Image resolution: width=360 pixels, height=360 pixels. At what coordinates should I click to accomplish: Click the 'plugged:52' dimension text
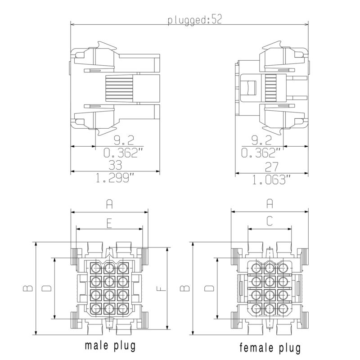coord(195,20)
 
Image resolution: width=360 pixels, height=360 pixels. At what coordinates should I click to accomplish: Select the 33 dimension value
coord(115,166)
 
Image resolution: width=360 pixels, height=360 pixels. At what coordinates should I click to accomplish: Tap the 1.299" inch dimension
coord(115,179)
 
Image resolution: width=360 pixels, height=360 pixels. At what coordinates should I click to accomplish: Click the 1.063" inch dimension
coord(271,180)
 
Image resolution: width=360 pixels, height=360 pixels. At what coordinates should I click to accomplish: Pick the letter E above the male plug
coord(109,222)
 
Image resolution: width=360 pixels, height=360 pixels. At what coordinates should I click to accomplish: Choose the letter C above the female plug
coord(270,221)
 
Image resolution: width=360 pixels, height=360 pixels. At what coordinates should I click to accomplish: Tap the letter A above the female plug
coord(270,204)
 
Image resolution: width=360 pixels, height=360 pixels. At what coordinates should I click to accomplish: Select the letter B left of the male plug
coord(28,288)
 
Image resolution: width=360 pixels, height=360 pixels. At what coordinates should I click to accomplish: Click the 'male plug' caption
coord(110,346)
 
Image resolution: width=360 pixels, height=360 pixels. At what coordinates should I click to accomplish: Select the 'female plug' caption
coord(270,347)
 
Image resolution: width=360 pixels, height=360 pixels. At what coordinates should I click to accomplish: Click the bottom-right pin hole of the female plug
coord(282,309)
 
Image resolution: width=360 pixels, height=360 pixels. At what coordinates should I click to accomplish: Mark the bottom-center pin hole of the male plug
coord(110,309)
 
